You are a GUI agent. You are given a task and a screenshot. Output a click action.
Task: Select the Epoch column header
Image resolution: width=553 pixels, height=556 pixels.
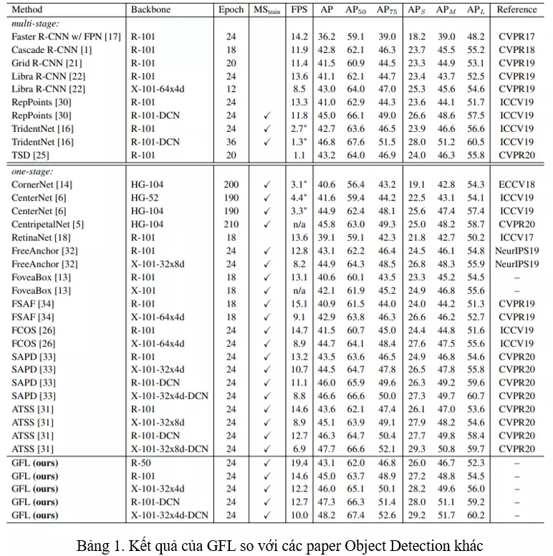click(231, 10)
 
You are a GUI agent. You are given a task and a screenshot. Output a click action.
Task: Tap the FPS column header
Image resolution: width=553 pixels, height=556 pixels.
click(299, 10)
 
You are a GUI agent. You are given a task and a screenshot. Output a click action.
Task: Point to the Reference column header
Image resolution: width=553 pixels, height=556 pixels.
click(516, 10)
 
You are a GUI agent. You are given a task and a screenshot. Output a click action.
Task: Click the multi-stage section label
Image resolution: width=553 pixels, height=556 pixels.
click(36, 23)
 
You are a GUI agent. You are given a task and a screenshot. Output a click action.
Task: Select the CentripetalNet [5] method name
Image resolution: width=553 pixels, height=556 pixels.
click(48, 224)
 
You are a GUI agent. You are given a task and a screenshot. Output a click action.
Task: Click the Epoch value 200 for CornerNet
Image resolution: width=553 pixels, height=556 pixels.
click(231, 185)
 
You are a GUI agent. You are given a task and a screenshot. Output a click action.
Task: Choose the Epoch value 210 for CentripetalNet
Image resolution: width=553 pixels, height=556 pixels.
click(231, 224)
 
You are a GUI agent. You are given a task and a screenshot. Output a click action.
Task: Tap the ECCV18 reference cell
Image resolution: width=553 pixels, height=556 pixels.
click(516, 185)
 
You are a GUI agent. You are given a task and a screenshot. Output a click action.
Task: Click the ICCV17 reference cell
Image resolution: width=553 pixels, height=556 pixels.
click(516, 237)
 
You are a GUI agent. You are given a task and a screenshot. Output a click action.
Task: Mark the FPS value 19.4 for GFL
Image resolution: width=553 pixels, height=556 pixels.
click(299, 463)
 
